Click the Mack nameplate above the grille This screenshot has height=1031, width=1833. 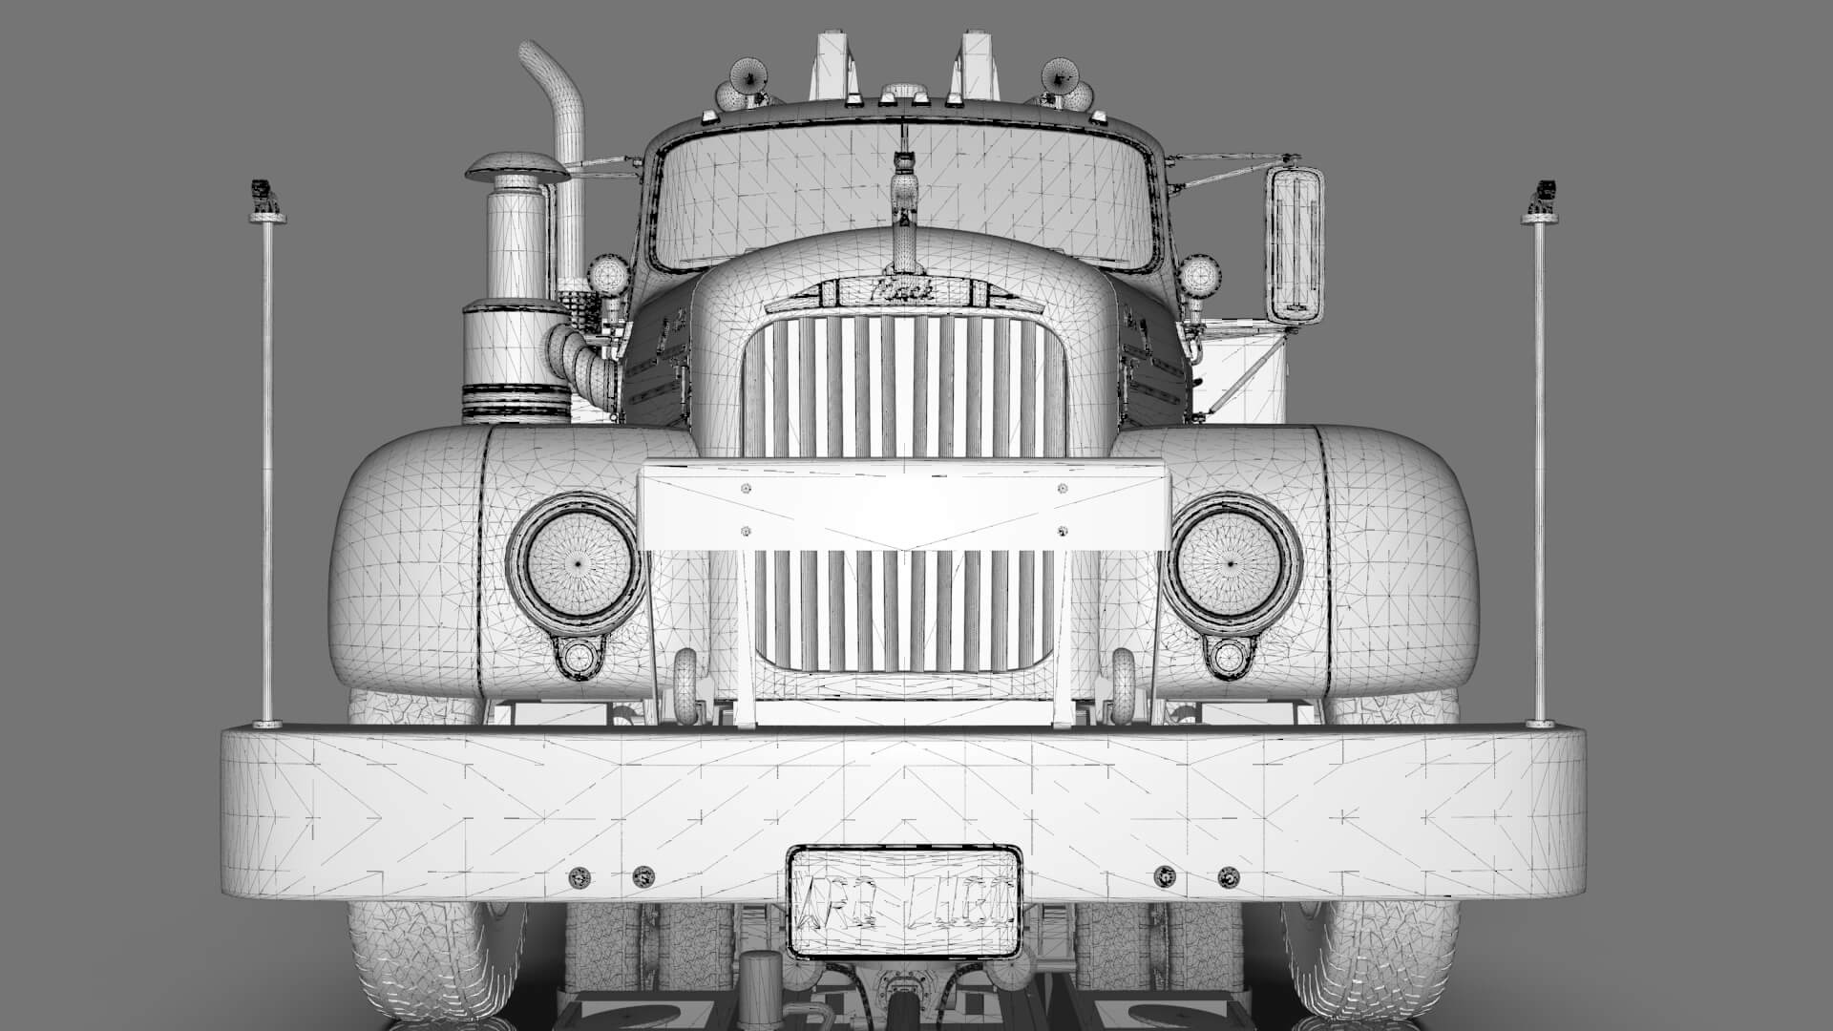coord(892,291)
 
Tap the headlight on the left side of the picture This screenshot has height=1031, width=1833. coord(576,562)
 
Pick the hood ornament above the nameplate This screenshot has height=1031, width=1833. coord(901,186)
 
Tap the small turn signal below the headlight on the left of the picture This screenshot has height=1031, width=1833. coord(577,657)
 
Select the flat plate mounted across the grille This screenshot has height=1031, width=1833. coord(903,506)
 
